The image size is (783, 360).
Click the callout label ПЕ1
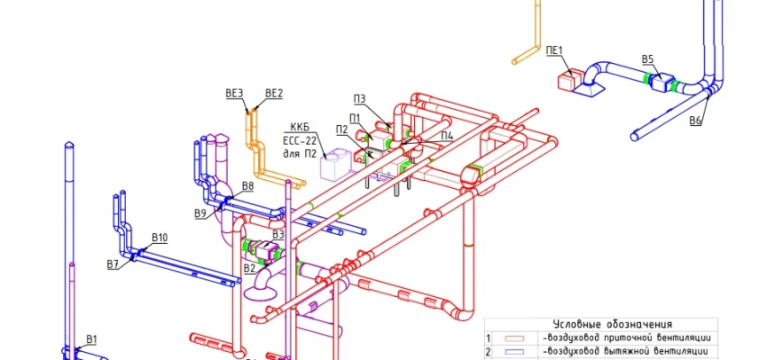point(554,50)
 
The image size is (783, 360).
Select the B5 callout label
point(648,59)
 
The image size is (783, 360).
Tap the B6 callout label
point(696,121)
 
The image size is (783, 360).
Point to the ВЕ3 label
point(234,93)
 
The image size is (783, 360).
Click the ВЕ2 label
point(274,93)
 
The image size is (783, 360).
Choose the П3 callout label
point(359,100)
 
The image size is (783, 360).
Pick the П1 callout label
point(355,118)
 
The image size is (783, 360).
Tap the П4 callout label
point(447,135)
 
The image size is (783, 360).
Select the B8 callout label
point(247,186)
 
